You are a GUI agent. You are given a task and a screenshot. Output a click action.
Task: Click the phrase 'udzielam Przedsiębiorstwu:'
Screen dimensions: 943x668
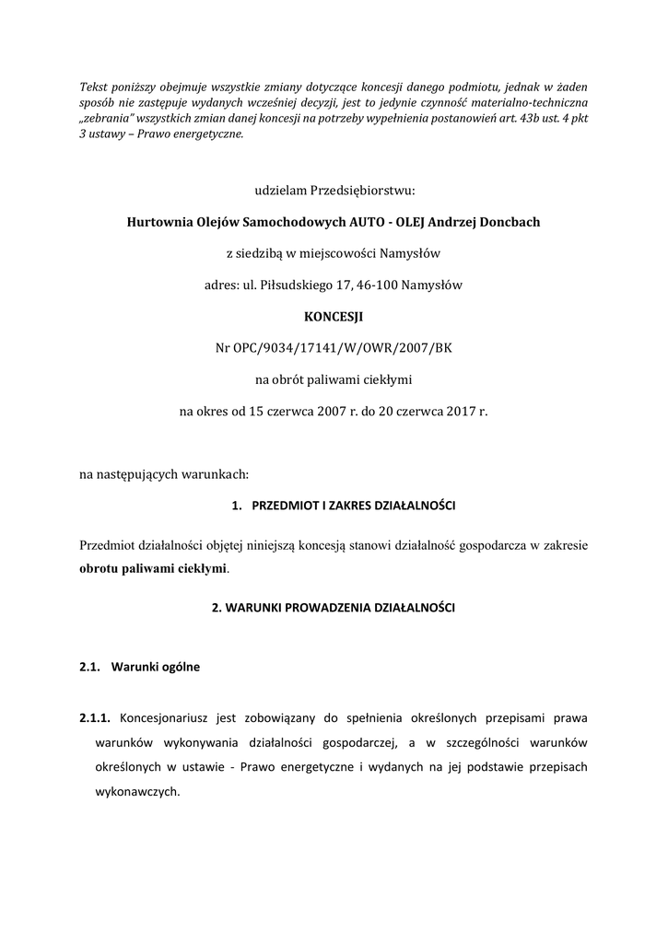tap(334, 191)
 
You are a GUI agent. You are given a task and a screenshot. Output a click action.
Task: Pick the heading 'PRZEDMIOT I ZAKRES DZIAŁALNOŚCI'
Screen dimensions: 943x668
tap(354, 506)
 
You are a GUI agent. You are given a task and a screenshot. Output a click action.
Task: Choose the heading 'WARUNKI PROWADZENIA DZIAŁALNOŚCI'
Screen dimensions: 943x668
tap(334, 609)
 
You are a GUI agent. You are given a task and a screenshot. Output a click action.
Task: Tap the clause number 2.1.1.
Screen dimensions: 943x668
tap(95, 717)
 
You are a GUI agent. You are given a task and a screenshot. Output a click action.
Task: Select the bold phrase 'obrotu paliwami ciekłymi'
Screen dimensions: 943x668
tap(153, 568)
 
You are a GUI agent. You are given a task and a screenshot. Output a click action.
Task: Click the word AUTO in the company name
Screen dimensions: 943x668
tap(375, 222)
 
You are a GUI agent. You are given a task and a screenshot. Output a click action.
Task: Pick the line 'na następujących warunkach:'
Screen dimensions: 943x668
tap(164, 474)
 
